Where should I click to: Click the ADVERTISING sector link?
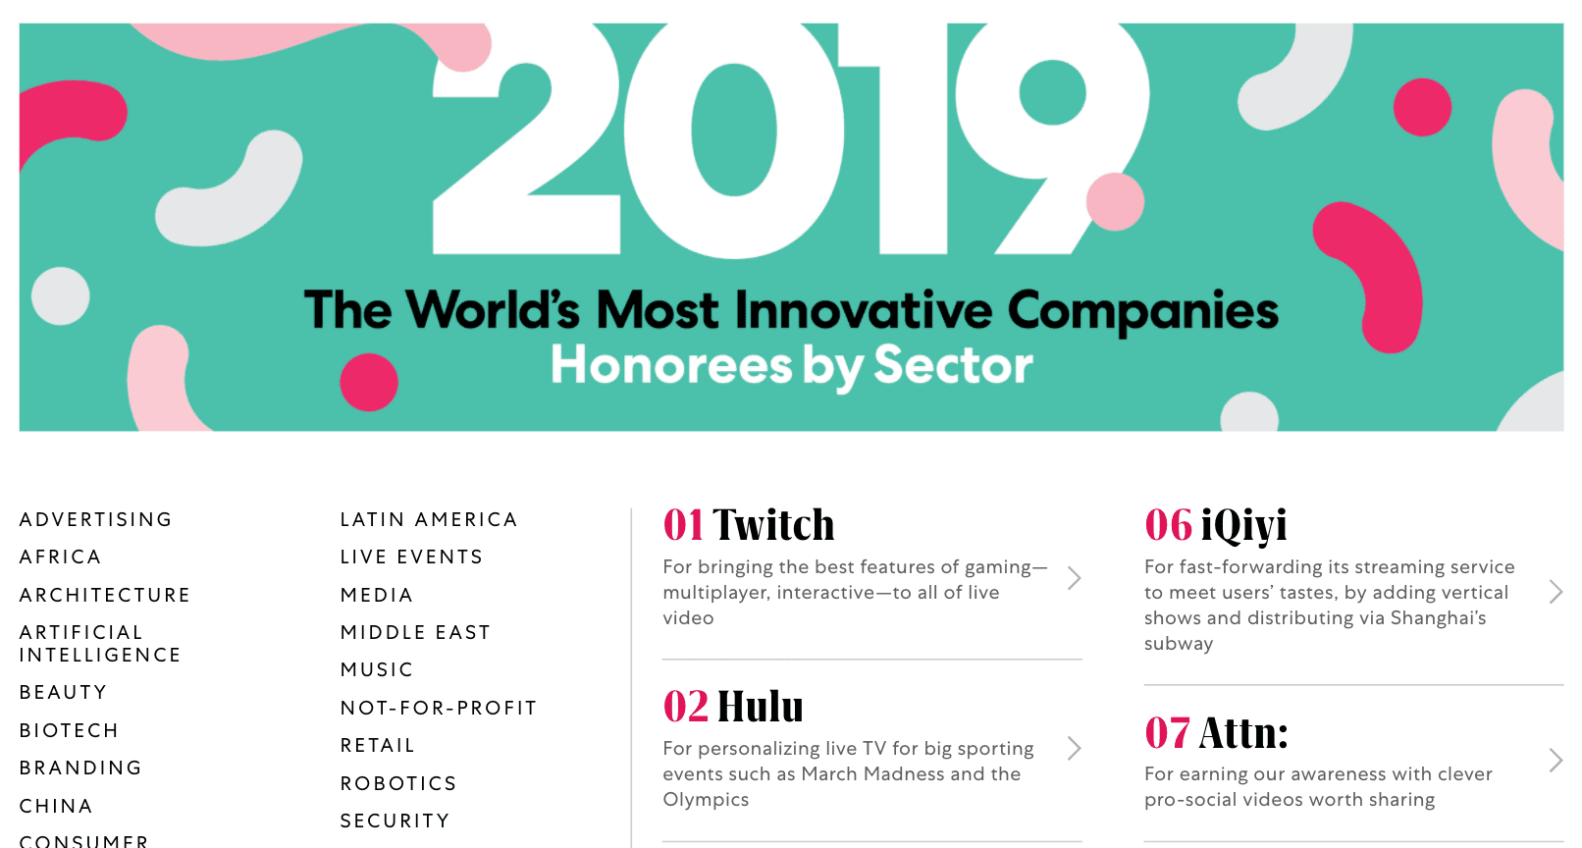95,519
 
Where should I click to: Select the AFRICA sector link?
60,557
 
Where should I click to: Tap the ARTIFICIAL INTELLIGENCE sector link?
99,643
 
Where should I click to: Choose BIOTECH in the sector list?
69,730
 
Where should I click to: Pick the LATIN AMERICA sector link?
429,519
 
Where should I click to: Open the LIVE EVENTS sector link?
411,557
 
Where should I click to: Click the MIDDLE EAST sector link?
414,632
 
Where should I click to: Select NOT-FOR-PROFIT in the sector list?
439,708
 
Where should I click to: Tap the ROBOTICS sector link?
398,783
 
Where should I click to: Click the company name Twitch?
773,525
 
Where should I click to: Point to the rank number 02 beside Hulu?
685,706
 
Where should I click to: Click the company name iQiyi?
1243,526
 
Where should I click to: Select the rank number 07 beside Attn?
1167,732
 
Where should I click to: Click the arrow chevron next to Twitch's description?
1075,578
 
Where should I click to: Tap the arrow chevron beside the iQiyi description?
1556,592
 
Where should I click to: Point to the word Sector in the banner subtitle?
954,365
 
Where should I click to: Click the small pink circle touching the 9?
1115,201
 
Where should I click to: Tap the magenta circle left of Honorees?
369,382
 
